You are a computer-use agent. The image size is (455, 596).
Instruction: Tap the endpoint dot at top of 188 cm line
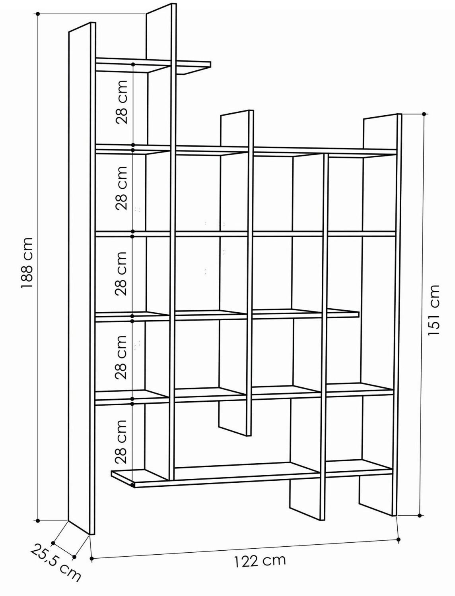tap(38, 13)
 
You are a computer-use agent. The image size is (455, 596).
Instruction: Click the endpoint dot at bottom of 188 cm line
tap(38, 521)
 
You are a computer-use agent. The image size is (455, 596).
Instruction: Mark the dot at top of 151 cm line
tap(424, 114)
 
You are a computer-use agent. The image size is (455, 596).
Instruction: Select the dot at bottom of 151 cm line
tap(420, 515)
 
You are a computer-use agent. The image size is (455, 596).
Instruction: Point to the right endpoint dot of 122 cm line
tap(399, 539)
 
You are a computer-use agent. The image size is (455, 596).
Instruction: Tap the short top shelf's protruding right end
tap(210, 64)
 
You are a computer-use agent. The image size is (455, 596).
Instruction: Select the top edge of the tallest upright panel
tap(161, 8)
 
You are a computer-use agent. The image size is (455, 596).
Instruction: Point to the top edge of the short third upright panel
tap(237, 113)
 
